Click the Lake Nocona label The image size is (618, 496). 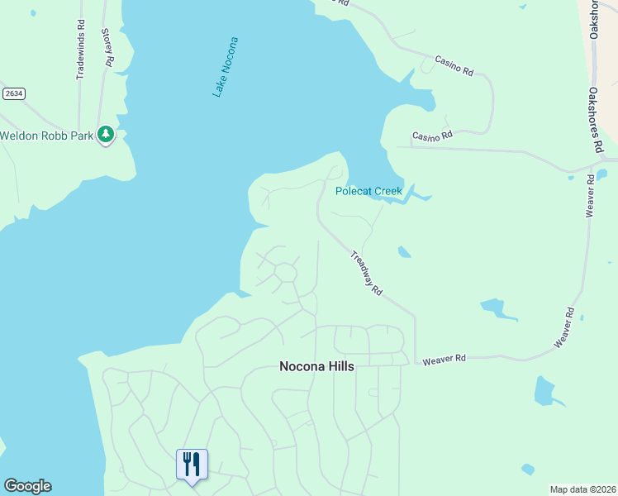click(225, 67)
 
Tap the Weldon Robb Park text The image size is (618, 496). click(46, 136)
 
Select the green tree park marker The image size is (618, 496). click(105, 134)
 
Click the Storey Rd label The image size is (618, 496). click(107, 47)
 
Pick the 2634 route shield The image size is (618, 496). click(12, 93)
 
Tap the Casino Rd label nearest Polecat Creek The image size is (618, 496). click(432, 136)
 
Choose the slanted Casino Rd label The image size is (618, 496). click(454, 68)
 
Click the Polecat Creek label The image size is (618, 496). click(368, 191)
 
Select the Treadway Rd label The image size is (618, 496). click(365, 274)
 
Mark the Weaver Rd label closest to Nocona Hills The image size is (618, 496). click(444, 359)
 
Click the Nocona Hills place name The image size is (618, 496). click(316, 366)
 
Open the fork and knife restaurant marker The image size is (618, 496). click(192, 464)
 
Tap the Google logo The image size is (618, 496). click(27, 486)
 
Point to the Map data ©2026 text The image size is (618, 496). click(582, 489)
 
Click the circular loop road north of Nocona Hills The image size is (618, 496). click(286, 272)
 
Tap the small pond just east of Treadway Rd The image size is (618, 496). click(403, 251)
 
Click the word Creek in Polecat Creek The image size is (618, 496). click(387, 191)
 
